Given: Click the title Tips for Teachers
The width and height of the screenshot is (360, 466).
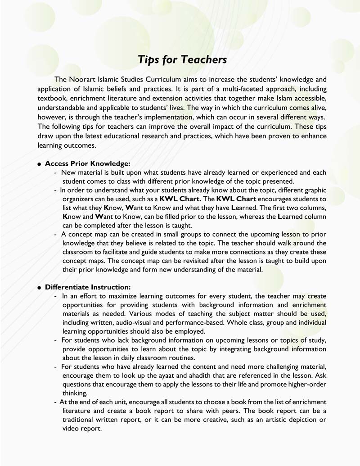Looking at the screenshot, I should coord(182,59).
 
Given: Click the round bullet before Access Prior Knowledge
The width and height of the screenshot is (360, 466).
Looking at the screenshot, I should coord(40,164).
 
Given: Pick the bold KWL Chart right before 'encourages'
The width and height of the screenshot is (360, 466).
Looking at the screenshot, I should coord(236,199).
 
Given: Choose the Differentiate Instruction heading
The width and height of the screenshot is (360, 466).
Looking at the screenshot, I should coord(88,287).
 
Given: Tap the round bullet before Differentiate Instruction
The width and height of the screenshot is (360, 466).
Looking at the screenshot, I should coord(40,288).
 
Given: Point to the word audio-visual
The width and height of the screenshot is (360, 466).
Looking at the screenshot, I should coord(149,322).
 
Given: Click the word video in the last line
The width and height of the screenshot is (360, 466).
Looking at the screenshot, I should coord(71,428).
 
